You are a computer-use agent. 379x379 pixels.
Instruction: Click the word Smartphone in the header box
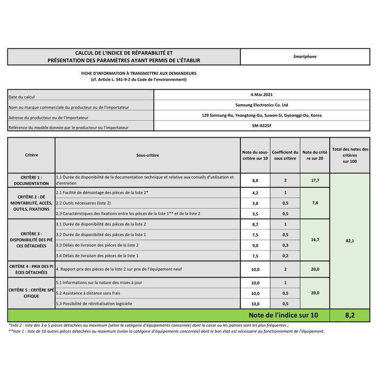(x=305, y=57)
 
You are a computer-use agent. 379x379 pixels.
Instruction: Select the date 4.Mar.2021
(x=261, y=94)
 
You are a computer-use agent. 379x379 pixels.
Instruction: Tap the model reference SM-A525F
(x=261, y=126)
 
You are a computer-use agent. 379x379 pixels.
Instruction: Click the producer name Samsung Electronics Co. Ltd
(x=261, y=105)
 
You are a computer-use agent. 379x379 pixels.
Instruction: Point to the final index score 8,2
(x=350, y=315)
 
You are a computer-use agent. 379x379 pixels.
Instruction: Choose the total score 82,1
(x=350, y=241)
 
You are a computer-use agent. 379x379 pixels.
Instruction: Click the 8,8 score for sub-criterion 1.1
(x=255, y=180)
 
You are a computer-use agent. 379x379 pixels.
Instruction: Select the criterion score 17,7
(x=315, y=180)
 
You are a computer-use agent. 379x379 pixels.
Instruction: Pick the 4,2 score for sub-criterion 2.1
(x=255, y=193)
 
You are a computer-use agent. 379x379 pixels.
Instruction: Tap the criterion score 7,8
(x=315, y=203)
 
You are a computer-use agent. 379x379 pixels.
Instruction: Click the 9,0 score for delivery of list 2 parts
(x=255, y=245)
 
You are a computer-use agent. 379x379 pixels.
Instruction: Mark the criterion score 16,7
(x=315, y=240)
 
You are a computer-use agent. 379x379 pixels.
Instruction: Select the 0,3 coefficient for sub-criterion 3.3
(x=285, y=245)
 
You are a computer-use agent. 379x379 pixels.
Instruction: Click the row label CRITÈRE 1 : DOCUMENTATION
(x=31, y=180)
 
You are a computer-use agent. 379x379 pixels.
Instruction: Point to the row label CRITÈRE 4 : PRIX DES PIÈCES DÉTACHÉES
(x=31, y=269)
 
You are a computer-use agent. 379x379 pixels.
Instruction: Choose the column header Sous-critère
(x=147, y=155)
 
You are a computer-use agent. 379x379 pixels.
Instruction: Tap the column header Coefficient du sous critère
(x=285, y=155)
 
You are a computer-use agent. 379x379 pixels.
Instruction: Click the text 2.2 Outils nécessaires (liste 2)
(x=83, y=203)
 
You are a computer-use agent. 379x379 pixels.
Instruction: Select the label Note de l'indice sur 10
(x=283, y=315)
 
